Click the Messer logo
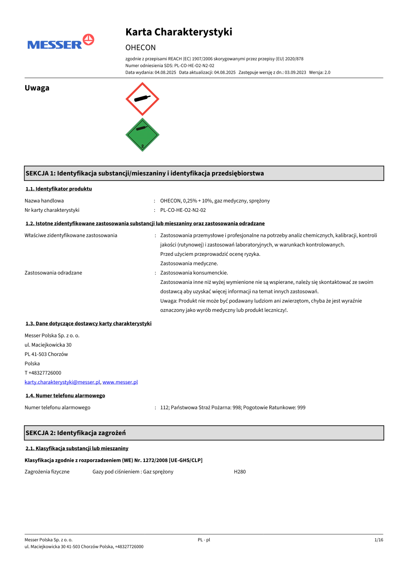[60, 42]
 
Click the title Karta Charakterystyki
[179, 32]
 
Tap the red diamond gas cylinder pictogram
[142, 99]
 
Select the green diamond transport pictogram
[142, 135]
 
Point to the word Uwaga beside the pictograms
[37, 88]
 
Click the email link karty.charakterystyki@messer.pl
[62, 382]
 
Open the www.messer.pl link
[120, 382]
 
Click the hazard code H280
[240, 472]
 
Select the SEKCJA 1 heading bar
[204, 173]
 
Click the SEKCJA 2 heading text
[76, 433]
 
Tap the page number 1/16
[379, 540]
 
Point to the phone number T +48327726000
[43, 373]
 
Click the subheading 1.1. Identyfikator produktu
[59, 189]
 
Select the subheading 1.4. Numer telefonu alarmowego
[65, 396]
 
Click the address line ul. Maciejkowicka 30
[48, 345]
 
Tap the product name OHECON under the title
[140, 48]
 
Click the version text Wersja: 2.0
[319, 72]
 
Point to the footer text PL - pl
[204, 540]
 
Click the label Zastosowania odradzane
[53, 273]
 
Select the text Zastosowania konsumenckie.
[194, 273]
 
